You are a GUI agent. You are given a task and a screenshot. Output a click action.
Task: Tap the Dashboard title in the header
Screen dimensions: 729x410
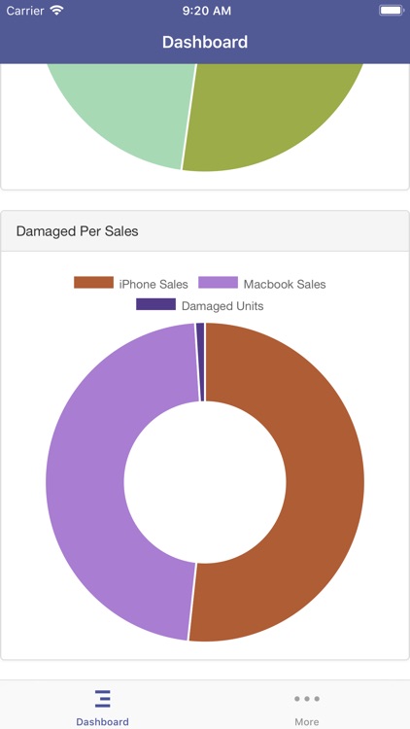(205, 42)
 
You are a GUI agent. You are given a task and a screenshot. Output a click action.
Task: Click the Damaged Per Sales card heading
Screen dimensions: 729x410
(78, 231)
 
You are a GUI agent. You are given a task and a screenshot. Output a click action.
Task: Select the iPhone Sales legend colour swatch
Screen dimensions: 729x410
(93, 283)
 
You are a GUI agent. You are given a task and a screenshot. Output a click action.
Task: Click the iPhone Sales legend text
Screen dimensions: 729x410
(154, 284)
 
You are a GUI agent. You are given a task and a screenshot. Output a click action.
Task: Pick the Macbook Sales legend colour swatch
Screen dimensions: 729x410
(218, 283)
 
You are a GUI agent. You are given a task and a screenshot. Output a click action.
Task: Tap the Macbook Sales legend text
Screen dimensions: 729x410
(285, 284)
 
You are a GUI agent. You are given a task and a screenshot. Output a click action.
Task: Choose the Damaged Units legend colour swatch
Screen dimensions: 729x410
(155, 305)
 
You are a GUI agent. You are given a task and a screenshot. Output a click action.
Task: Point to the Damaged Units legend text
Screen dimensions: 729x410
(222, 306)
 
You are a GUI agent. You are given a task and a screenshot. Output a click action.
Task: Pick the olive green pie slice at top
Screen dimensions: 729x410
(272, 117)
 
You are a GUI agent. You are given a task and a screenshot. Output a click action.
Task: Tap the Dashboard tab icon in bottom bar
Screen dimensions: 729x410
(102, 698)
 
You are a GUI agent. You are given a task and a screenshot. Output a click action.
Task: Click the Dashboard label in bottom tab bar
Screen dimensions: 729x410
(102, 722)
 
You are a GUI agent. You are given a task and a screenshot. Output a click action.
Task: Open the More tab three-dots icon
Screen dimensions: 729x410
(307, 698)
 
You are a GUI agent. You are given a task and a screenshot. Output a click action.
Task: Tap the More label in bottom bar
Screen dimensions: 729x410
(307, 722)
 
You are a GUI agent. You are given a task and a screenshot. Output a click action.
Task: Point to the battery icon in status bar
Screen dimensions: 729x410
(391, 10)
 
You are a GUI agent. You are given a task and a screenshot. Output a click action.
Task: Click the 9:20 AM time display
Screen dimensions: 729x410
(205, 10)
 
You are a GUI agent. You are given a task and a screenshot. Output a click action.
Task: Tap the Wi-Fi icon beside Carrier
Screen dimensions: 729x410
(56, 10)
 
